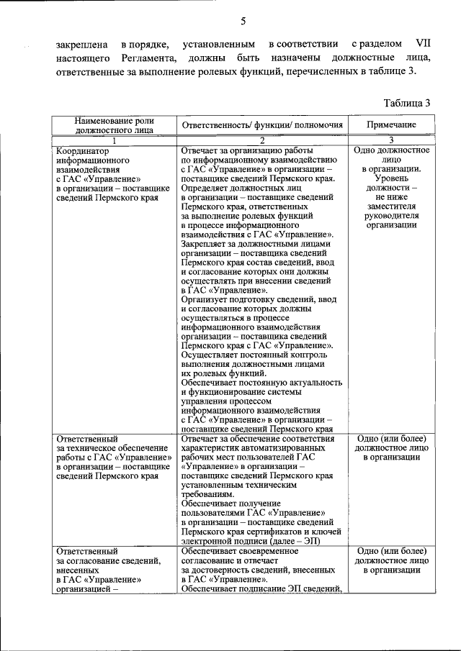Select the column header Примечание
pyautogui.click(x=391, y=125)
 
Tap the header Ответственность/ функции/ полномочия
pyautogui.click(x=262, y=125)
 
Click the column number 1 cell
pyautogui.click(x=114, y=141)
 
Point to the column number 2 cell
pyautogui.click(x=262, y=141)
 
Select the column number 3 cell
pyautogui.click(x=391, y=141)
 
